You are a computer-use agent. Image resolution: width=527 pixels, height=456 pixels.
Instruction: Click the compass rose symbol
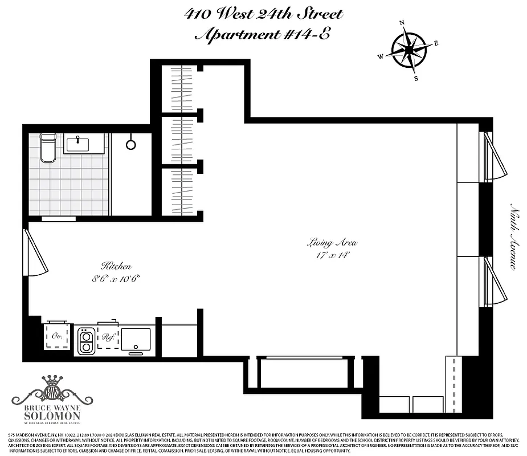(408, 51)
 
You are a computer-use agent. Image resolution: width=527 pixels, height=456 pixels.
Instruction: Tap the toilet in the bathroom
(48, 148)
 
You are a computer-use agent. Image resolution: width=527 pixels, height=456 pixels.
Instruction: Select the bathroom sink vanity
(85, 145)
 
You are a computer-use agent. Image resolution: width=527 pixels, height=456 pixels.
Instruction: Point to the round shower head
(130, 144)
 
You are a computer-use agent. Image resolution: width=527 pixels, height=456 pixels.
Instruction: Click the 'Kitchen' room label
(116, 266)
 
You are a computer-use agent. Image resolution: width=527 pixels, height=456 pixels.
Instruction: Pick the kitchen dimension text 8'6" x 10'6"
(116, 279)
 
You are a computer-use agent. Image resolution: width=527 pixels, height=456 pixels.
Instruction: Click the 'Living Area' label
(332, 243)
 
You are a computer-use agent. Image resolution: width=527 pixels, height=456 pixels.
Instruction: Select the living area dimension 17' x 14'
(332, 255)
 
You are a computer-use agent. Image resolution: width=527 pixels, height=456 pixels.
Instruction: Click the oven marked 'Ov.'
(56, 336)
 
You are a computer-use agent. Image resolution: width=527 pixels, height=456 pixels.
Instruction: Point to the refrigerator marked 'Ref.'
(108, 337)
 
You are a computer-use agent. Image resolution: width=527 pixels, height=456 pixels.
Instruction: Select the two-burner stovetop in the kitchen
(86, 340)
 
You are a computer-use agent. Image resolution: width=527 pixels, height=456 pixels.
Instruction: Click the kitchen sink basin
(136, 339)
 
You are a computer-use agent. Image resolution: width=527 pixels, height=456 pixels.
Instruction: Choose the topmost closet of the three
(182, 89)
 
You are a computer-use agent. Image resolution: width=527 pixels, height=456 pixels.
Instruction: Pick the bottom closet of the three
(182, 193)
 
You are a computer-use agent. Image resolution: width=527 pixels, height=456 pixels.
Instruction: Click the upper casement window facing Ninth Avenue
(494, 156)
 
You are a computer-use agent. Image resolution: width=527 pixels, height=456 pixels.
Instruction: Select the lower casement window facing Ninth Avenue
(494, 281)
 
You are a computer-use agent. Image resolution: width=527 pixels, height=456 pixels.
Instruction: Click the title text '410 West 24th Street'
(264, 14)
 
